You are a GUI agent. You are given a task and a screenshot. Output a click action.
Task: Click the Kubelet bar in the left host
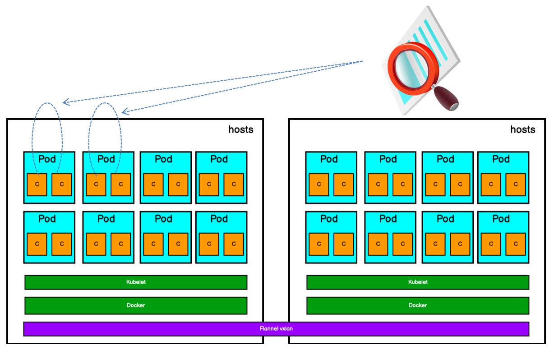coord(136,282)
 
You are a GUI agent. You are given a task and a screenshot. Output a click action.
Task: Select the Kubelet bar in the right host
coord(418,282)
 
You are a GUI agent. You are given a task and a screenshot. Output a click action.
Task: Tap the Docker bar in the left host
coord(136,305)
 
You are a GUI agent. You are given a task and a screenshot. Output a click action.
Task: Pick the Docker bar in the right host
coord(418,305)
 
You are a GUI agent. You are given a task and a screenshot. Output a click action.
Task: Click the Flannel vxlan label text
coord(276,329)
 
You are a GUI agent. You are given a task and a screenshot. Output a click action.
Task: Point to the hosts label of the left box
coord(241,130)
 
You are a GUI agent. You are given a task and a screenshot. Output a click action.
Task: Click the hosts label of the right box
coord(523,130)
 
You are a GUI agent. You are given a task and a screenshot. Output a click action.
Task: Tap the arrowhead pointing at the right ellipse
coord(125,111)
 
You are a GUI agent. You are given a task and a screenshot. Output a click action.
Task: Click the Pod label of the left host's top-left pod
coord(47,159)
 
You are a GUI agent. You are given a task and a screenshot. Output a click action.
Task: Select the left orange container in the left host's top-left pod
coord(37,185)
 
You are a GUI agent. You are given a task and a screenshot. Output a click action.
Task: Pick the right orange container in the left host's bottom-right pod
coord(234,244)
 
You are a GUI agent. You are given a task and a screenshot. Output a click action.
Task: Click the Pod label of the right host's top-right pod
coord(501,159)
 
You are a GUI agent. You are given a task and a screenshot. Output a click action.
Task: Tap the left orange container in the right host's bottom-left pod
coord(319,244)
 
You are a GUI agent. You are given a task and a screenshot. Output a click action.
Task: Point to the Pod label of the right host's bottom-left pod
coord(329,219)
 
